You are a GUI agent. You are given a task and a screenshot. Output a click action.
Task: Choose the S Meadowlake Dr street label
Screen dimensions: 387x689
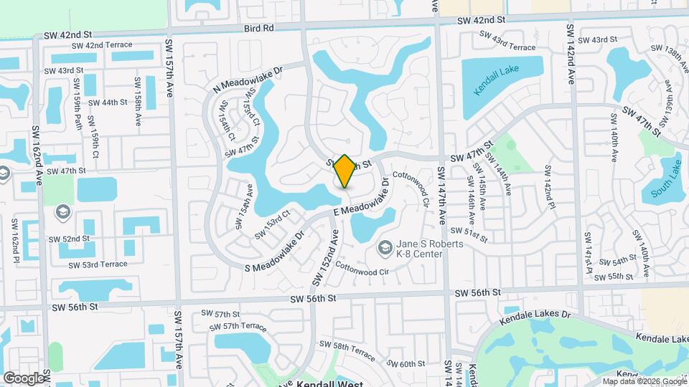point(275,247)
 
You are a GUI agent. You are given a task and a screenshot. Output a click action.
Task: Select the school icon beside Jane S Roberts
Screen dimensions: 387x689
point(385,248)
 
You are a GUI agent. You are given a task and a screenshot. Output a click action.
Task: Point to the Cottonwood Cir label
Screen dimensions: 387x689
point(363,271)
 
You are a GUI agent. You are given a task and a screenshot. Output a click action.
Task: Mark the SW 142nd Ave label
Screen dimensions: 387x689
point(571,54)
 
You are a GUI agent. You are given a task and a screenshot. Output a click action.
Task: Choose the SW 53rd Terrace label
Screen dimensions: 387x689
point(98,264)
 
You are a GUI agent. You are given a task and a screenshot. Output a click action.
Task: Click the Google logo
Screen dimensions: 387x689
point(23,378)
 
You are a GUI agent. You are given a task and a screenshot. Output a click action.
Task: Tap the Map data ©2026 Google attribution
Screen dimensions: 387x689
point(644,381)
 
